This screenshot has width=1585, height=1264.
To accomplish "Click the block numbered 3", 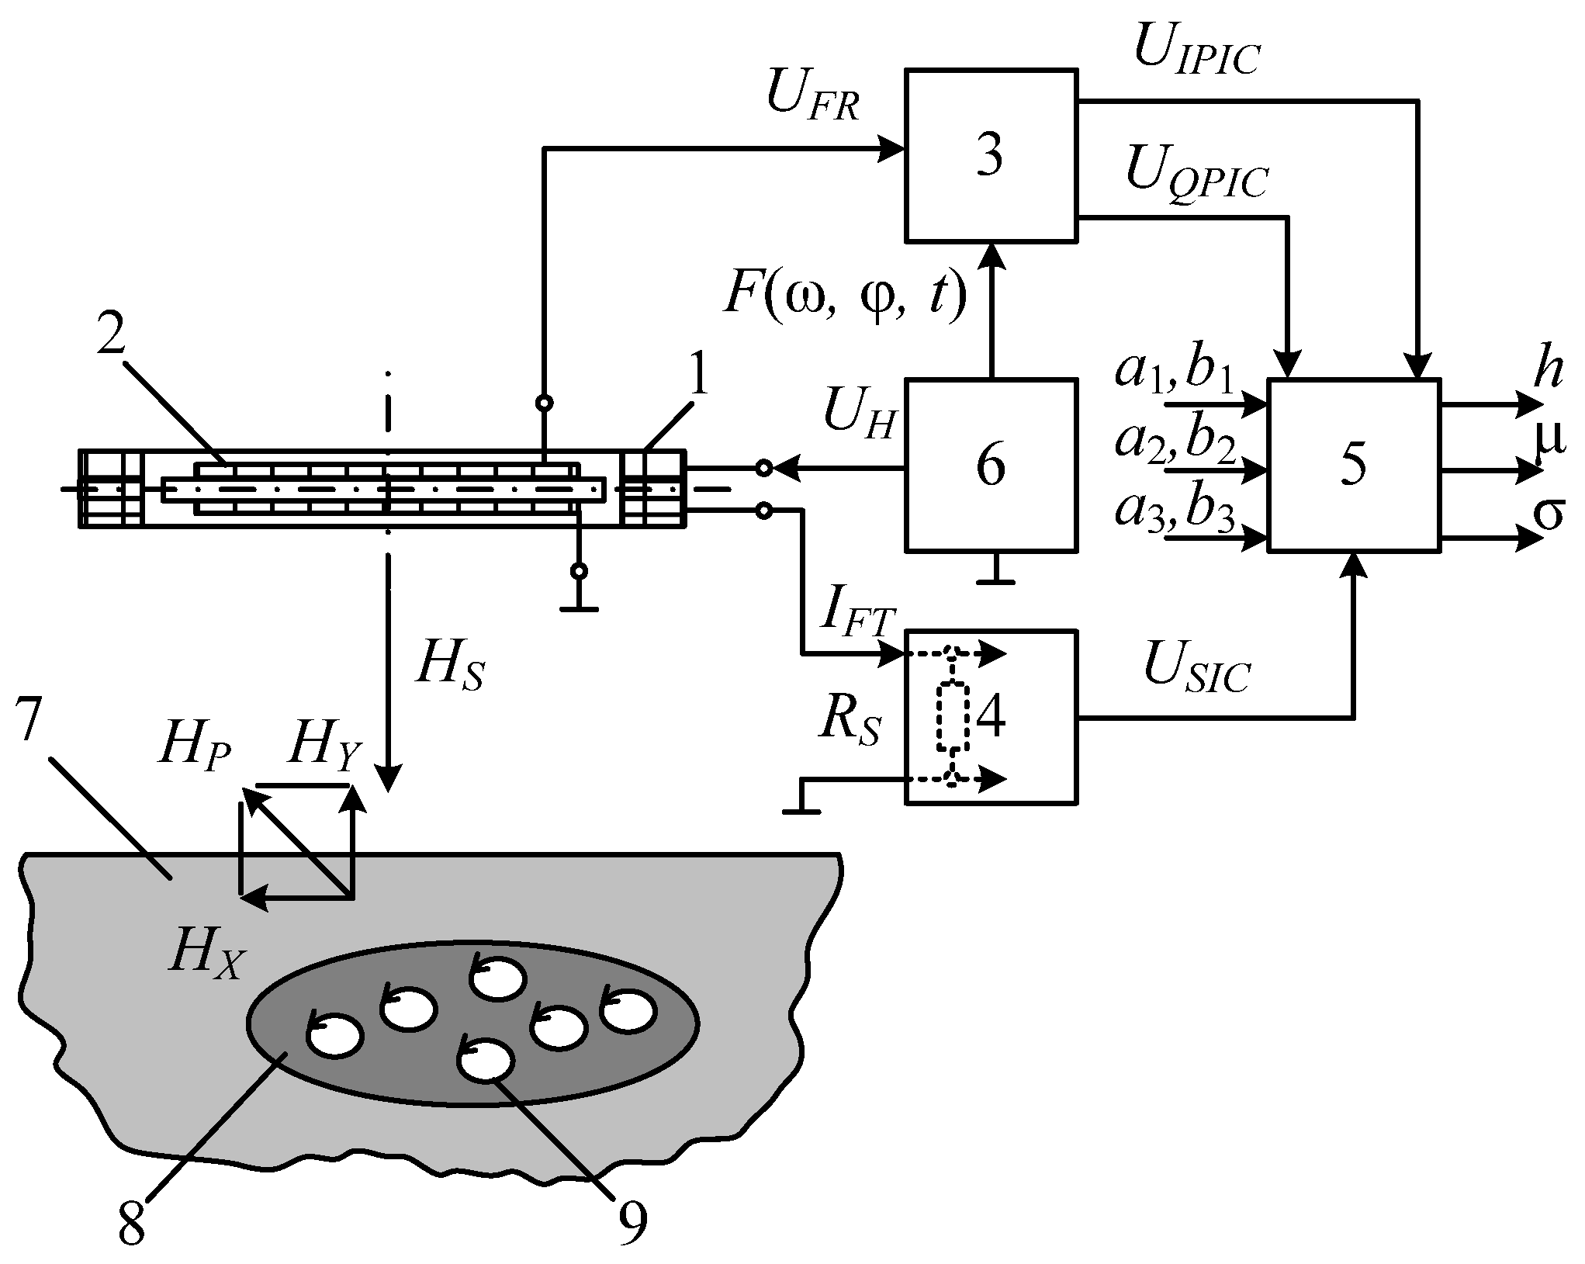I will pos(991,155).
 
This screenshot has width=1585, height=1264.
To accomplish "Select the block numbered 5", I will pos(1354,466).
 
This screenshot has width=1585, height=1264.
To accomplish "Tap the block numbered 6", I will pos(991,466).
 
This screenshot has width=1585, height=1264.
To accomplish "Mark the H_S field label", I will pos(449,669).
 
